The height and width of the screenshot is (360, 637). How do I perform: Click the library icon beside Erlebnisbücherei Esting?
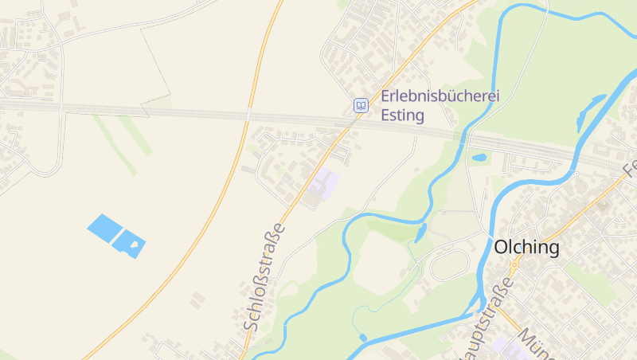coord(361,105)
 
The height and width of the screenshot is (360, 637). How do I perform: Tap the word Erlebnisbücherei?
coord(440,96)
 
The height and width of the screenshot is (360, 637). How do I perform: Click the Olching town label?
coord(526,248)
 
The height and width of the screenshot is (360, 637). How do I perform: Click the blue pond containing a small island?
coord(130,243)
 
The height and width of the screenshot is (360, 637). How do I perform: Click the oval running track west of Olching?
coord(449,264)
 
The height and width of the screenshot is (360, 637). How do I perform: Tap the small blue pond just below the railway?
coord(479,158)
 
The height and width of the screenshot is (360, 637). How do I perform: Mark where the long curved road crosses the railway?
coord(248,116)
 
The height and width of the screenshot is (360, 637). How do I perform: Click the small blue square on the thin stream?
coord(363,338)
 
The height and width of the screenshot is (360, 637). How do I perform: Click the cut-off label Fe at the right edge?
coord(630,168)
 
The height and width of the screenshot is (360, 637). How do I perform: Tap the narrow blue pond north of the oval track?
coord(420,233)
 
